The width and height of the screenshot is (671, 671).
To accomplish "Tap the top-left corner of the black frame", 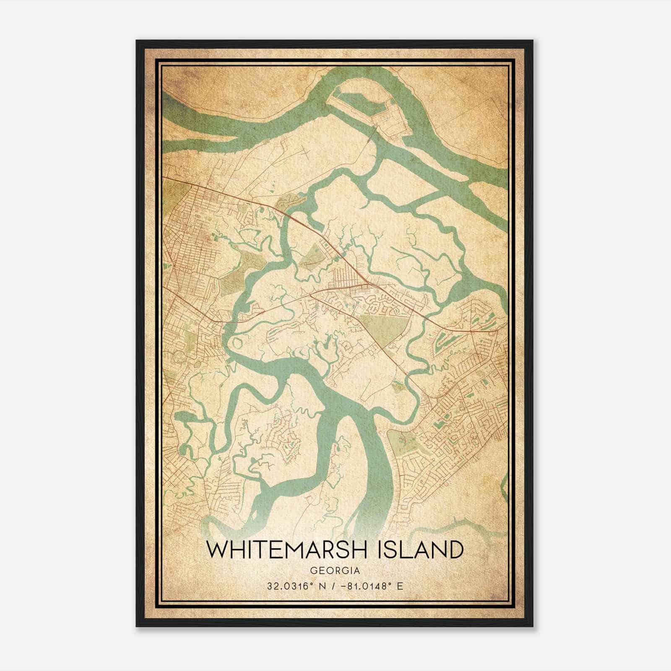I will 137,41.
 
